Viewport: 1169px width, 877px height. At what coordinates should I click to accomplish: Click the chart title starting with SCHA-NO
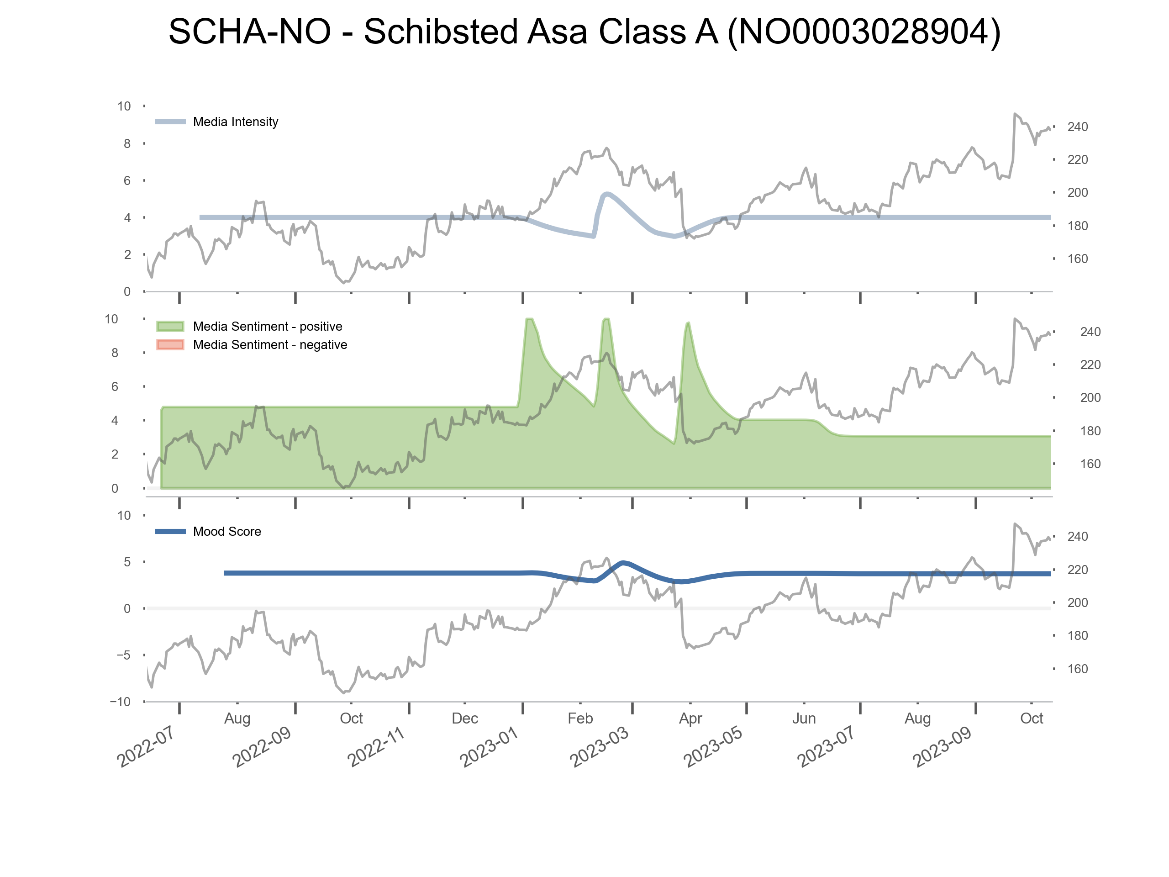tap(584, 32)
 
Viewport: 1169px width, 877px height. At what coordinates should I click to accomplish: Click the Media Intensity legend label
tap(235, 122)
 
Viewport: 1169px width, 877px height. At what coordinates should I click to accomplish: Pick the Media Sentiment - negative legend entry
tap(269, 345)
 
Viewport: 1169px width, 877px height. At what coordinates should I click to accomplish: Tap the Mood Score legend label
tap(226, 532)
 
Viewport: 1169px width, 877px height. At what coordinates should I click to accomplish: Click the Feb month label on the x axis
tap(580, 719)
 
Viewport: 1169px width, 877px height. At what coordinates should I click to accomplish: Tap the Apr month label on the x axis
tap(690, 719)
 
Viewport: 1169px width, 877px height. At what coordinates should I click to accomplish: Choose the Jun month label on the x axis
tap(804, 719)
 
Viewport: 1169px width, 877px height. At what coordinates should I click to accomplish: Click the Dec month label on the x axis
tap(464, 719)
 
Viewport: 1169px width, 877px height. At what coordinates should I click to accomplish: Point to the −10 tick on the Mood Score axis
tap(121, 702)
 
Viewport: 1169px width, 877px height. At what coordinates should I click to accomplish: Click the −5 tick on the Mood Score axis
tap(123, 655)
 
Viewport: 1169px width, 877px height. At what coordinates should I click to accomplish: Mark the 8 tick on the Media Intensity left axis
tap(127, 144)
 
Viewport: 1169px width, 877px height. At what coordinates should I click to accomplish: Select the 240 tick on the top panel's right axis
tap(1077, 127)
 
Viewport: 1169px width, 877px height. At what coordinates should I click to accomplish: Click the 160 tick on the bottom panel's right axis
tap(1077, 669)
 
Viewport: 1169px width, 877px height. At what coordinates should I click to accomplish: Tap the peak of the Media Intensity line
tap(607, 194)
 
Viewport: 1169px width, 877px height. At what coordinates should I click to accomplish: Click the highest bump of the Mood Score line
tap(624, 562)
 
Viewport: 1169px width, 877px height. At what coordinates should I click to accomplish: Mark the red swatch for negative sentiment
tap(170, 345)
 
